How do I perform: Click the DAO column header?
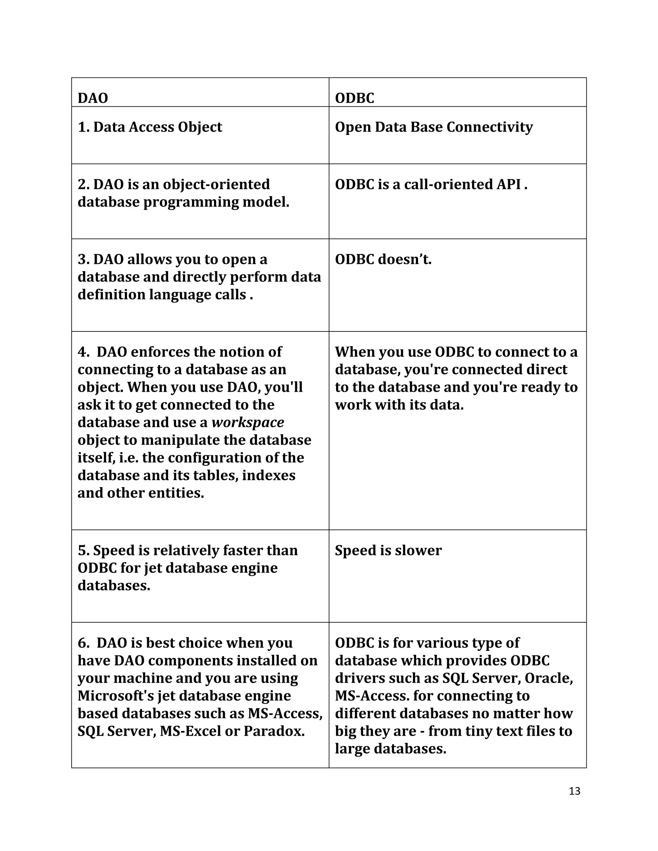pyautogui.click(x=93, y=98)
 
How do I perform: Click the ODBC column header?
pyautogui.click(x=354, y=98)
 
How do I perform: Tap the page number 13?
pyautogui.click(x=574, y=791)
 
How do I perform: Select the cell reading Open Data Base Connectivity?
pyautogui.click(x=433, y=127)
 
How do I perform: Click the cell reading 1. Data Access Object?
pyautogui.click(x=150, y=127)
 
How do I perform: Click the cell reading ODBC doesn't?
pyautogui.click(x=383, y=259)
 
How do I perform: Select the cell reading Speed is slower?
pyautogui.click(x=388, y=550)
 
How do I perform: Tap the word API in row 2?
pyautogui.click(x=508, y=184)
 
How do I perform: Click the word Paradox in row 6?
pyautogui.click(x=274, y=731)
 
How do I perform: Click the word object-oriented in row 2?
pyautogui.click(x=216, y=184)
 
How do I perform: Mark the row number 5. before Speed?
pyautogui.click(x=84, y=550)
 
